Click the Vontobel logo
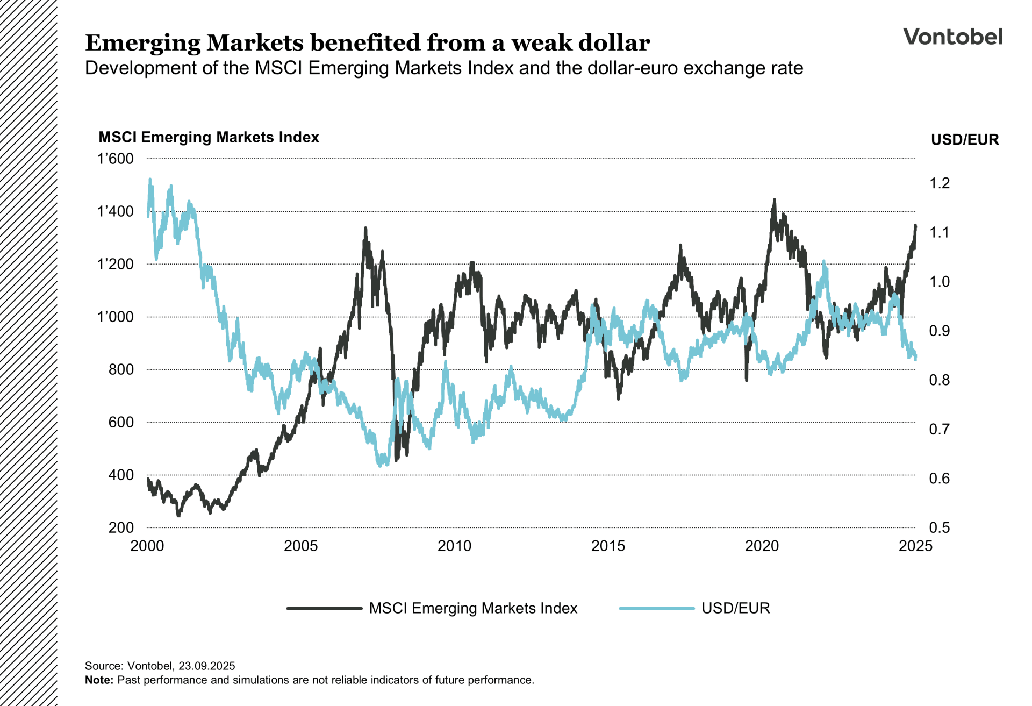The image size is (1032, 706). coord(952,37)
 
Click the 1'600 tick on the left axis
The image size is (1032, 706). coord(115,159)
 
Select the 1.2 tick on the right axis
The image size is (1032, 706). coord(940,183)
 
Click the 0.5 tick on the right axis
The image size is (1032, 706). coord(940,527)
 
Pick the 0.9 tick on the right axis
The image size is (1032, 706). coord(940,331)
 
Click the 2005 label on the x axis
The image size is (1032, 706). coord(300,546)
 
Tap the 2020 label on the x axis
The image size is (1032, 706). coord(762,546)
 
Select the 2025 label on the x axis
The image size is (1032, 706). coord(915,546)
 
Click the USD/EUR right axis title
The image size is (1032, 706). coord(964,140)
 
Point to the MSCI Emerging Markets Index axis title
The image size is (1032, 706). coord(209,137)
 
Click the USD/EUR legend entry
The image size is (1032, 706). coord(735,608)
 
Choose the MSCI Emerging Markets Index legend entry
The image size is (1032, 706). coord(472,608)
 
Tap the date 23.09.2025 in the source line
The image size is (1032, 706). coord(206,666)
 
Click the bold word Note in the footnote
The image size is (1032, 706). coord(98,680)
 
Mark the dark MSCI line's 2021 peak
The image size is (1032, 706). coord(775,200)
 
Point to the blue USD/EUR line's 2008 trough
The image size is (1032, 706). coord(380,465)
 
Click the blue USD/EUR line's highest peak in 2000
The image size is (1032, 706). coord(150,180)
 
